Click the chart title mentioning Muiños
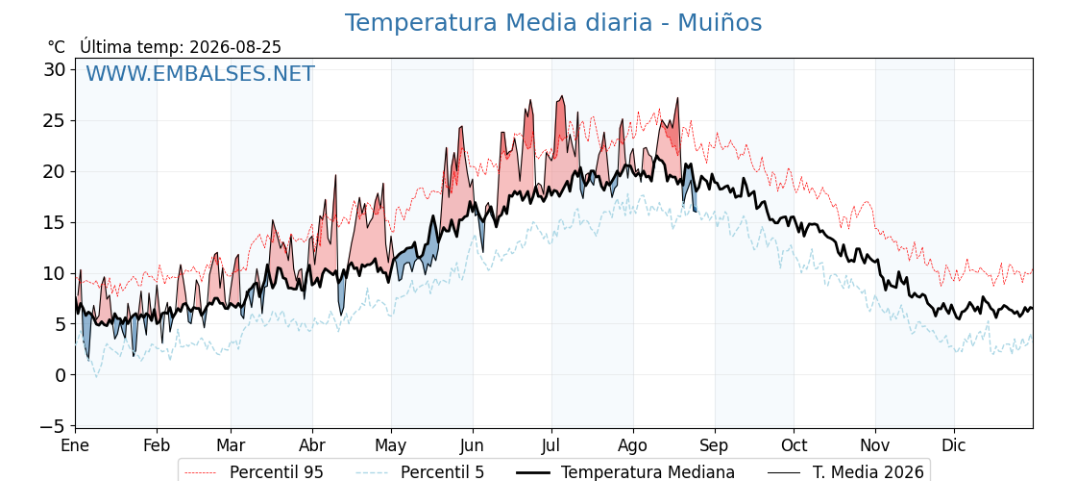tap(553, 23)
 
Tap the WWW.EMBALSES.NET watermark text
tap(200, 73)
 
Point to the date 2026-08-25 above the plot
tap(235, 47)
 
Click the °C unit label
tap(57, 47)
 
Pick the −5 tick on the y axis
tap(52, 426)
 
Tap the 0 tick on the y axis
tap(61, 375)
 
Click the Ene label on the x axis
tap(76, 445)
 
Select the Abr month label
tap(312, 445)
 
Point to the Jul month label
tap(551, 445)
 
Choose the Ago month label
tap(632, 446)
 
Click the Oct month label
tap(794, 445)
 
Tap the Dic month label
tap(954, 445)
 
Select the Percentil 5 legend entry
tap(420, 472)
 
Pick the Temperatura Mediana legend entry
tap(624, 472)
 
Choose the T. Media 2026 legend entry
tap(846, 472)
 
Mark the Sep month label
tap(715, 446)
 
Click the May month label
tap(391, 446)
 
